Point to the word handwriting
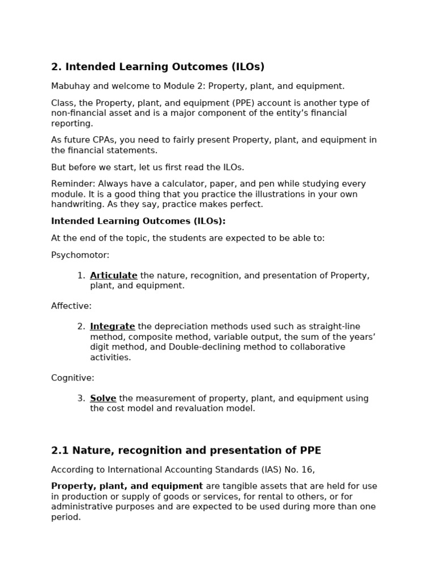tap(75, 204)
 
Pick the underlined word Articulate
tap(113, 275)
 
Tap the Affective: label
tap(71, 306)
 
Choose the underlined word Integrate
tap(112, 326)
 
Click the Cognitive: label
tap(73, 378)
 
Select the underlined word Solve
tap(103, 398)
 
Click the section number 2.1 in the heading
tap(59, 451)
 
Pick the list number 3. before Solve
tap(81, 398)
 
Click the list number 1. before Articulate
tap(81, 275)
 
